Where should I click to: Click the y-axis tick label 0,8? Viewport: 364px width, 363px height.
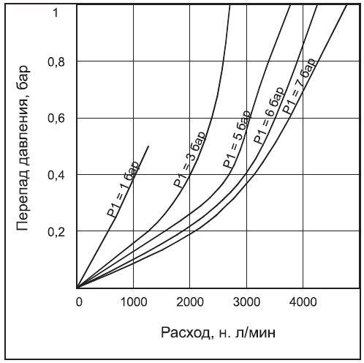(x=56, y=63)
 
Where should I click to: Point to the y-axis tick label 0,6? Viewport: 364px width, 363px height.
(x=56, y=119)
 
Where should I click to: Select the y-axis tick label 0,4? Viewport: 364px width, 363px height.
(x=56, y=176)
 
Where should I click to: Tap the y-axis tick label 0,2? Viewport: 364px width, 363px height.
(x=56, y=232)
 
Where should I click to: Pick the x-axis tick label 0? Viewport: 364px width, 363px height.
(x=78, y=299)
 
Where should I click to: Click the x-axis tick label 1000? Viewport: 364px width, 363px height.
(x=133, y=299)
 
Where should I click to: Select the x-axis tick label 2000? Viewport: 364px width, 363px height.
(x=189, y=299)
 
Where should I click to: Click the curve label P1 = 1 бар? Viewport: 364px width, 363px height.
(x=119, y=192)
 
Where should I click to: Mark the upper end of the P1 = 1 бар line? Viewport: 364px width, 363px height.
(x=149, y=146)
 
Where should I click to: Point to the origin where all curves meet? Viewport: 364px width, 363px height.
(x=77, y=288)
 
